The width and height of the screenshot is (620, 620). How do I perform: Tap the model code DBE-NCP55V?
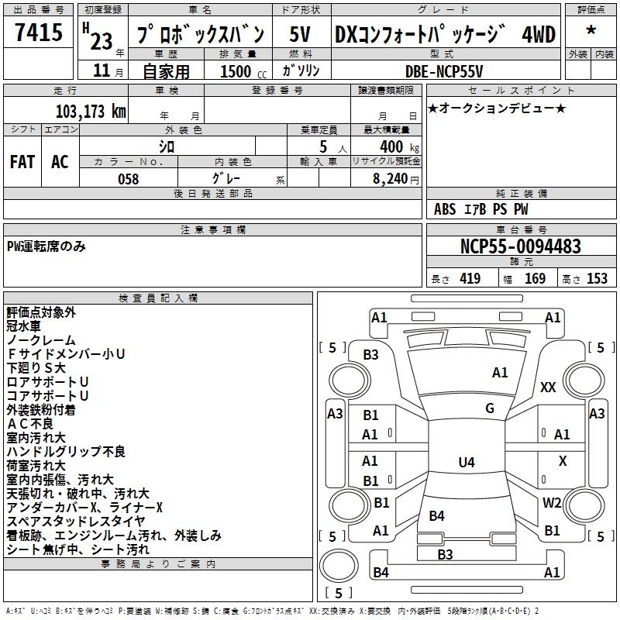tap(445, 71)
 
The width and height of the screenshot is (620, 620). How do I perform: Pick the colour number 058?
tap(128, 178)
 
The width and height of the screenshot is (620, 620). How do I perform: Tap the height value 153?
tap(597, 279)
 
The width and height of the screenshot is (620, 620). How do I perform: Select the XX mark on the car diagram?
tap(548, 387)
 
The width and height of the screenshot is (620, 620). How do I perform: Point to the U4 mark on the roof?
tap(466, 463)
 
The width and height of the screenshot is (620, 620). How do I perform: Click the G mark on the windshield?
tap(489, 408)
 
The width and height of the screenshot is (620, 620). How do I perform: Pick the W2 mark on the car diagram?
tap(552, 502)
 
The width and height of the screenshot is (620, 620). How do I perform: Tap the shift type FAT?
tap(22, 162)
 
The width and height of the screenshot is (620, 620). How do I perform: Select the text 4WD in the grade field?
tap(539, 35)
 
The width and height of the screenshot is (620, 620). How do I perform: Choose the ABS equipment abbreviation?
tap(445, 209)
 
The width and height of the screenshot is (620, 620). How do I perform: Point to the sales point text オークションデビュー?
tap(496, 108)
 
